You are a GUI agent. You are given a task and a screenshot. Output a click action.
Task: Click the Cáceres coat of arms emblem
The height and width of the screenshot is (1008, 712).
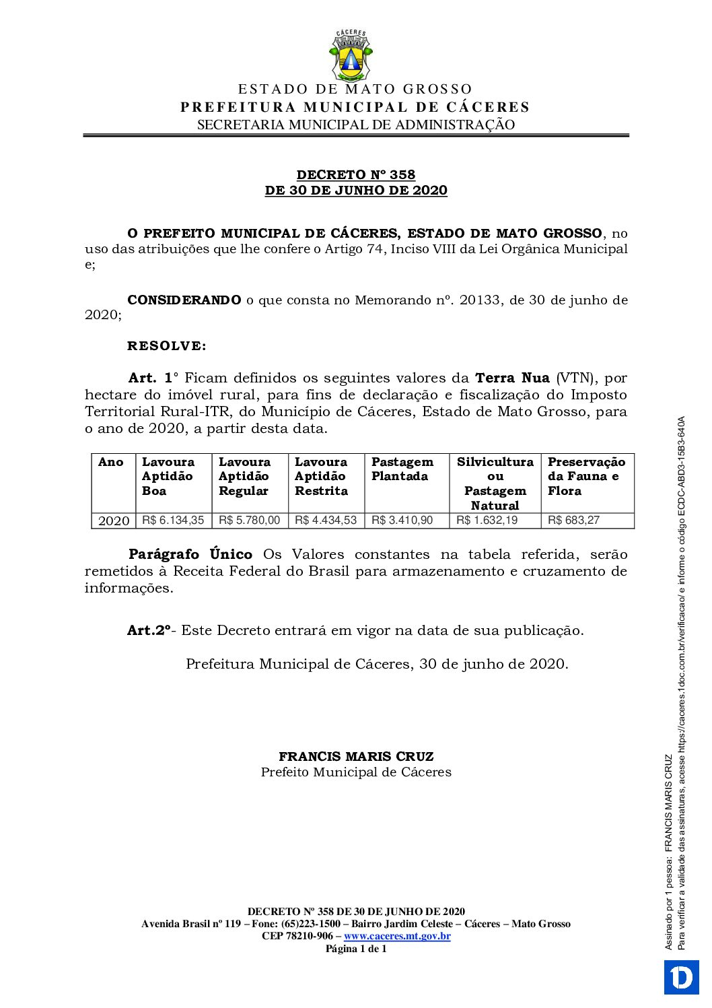tap(350, 55)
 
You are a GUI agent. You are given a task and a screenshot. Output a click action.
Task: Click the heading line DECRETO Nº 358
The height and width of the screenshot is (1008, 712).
tap(356, 175)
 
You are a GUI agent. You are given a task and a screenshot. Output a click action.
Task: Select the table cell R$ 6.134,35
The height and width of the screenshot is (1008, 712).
tap(173, 520)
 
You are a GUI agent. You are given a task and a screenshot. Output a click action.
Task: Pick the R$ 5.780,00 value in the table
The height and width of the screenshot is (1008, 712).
tap(249, 520)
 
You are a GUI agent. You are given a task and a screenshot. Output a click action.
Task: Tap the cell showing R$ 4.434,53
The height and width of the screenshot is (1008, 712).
tap(326, 520)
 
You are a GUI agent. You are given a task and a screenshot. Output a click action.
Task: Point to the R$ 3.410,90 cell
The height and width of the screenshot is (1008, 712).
tap(402, 520)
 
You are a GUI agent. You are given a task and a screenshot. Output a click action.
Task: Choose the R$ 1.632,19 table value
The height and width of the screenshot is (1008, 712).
tap(487, 520)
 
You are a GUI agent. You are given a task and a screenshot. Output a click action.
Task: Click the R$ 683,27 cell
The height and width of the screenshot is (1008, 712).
tap(573, 520)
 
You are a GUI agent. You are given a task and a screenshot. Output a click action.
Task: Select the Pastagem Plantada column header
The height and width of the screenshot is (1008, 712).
tap(402, 469)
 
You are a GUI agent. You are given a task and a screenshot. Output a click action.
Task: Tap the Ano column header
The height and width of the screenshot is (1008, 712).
tap(111, 462)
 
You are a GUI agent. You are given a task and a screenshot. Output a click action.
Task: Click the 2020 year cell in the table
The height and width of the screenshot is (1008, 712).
tap(114, 521)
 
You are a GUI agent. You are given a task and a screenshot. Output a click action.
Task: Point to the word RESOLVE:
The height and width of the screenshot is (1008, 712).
tap(167, 346)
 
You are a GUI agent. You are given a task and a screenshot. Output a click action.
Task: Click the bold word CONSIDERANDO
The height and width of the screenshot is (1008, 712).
tap(184, 300)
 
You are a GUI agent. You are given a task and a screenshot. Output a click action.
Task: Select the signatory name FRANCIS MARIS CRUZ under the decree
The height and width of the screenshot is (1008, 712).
tap(356, 757)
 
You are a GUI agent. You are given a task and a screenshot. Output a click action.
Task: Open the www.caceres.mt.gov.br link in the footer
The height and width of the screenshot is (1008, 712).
tap(397, 936)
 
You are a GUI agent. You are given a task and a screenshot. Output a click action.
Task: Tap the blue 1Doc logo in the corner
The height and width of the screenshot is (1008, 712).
tap(681, 977)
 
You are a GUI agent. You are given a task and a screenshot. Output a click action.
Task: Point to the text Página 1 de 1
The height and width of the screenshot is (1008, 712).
tap(356, 949)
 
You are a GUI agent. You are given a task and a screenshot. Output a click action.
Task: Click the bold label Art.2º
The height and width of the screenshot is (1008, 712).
tap(149, 630)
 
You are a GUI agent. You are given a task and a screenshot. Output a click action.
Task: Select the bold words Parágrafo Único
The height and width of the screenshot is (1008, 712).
tap(190, 554)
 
